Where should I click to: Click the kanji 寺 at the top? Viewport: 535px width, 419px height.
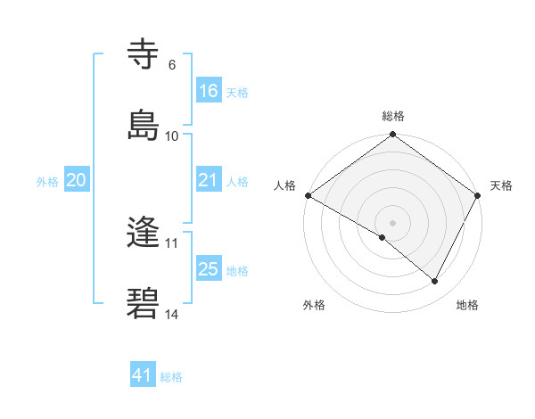tap(144, 54)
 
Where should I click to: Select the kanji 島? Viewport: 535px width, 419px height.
tap(144, 124)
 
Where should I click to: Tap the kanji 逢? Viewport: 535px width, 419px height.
tap(144, 233)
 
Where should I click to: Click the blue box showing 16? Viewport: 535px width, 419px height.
tap(209, 91)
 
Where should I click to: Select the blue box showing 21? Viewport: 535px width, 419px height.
tap(209, 180)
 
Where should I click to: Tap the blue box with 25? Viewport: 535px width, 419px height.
tap(209, 269)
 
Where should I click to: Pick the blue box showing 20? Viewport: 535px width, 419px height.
tap(77, 180)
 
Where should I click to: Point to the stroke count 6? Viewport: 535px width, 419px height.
tap(172, 65)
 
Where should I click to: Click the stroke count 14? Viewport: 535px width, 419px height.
tap(172, 314)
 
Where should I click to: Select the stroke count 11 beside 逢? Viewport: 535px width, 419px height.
tap(172, 242)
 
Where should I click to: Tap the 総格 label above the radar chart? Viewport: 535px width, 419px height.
tap(393, 116)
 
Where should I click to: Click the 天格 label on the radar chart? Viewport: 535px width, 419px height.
tap(502, 185)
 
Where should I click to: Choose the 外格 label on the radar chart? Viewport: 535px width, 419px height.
tap(314, 305)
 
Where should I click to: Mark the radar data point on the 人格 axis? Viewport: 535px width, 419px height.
tap(308, 195)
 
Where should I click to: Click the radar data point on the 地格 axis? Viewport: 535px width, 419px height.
tap(435, 282)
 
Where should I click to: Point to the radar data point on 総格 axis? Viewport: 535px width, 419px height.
tap(393, 135)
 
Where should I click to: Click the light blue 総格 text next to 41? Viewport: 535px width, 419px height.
tap(171, 377)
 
